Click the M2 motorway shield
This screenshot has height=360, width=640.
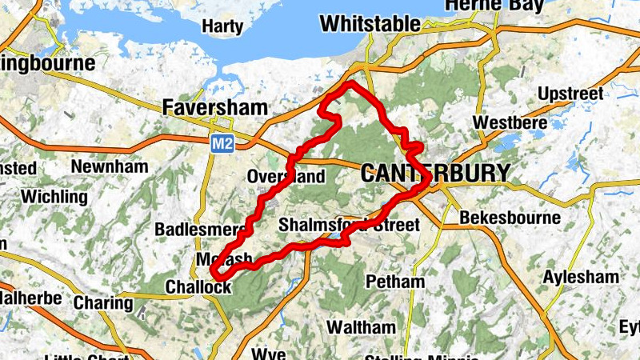click(x=222, y=144)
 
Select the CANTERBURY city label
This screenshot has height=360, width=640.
click(x=434, y=173)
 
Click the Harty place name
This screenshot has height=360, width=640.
click(x=222, y=27)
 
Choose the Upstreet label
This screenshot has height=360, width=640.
click(x=570, y=94)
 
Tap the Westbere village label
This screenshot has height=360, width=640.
click(x=510, y=123)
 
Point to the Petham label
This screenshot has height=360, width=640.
click(x=394, y=282)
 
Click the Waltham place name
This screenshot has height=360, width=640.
click(x=361, y=328)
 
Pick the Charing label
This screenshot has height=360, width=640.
click(x=103, y=303)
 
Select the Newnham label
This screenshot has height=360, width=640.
click(x=110, y=166)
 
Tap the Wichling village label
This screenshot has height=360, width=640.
click(x=54, y=196)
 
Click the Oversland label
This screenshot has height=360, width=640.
click(x=286, y=176)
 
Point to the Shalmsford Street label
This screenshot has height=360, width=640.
click(x=349, y=226)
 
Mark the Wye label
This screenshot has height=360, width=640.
click(x=268, y=352)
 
